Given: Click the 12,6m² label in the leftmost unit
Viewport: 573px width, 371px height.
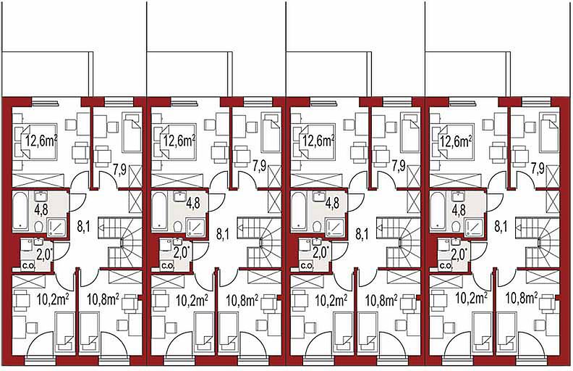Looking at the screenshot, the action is pos(42,141).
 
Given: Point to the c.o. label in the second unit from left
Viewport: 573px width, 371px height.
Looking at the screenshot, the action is pos(167,266).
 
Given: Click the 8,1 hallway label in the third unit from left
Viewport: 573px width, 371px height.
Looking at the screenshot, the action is pos(362,235).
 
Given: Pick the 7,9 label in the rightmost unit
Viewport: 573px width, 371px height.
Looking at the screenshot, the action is pos(538,168).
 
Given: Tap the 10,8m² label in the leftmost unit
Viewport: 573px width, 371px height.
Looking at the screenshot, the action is pos(103,300).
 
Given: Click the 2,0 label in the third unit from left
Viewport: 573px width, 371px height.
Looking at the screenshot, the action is pos(321,253).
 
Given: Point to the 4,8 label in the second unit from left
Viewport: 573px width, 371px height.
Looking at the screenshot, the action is pos(193,204).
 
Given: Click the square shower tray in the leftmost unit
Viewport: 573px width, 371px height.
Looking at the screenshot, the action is pos(56,227).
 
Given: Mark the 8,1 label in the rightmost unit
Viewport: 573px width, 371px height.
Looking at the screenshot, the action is pos(501,227).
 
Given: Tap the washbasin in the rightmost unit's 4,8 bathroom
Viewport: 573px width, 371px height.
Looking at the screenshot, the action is pos(457,197).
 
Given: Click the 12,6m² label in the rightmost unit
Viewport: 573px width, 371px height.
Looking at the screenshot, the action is pos(456,141).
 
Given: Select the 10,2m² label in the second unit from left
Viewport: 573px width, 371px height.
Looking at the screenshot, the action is pos(192,301).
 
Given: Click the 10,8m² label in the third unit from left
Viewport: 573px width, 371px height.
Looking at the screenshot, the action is pos(381,301).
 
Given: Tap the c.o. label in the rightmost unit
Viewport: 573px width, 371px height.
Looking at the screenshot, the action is pos(445,266).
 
